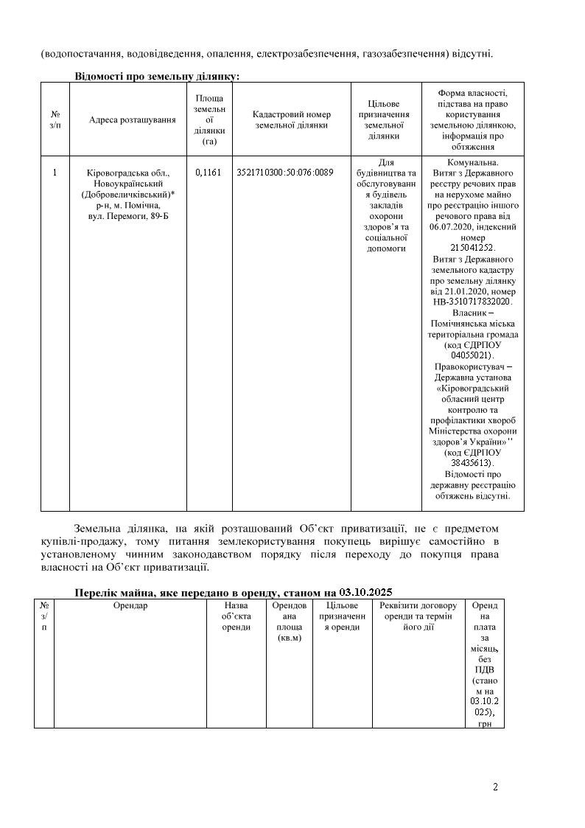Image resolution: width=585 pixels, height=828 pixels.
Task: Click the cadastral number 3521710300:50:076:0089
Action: tap(285, 173)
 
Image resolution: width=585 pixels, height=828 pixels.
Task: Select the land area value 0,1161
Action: tap(209, 173)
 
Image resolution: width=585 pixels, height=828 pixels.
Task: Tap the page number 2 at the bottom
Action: tap(495, 787)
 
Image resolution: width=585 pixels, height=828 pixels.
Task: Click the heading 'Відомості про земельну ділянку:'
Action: tap(157, 76)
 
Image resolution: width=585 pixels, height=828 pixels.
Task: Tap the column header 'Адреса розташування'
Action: tap(133, 120)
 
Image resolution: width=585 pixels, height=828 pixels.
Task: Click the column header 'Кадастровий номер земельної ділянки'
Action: tap(292, 120)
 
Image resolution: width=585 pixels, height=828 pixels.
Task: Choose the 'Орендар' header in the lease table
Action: tap(130, 606)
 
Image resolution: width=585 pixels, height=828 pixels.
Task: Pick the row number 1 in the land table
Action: tap(55, 173)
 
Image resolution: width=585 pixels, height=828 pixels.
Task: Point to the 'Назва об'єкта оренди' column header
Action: tap(237, 616)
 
